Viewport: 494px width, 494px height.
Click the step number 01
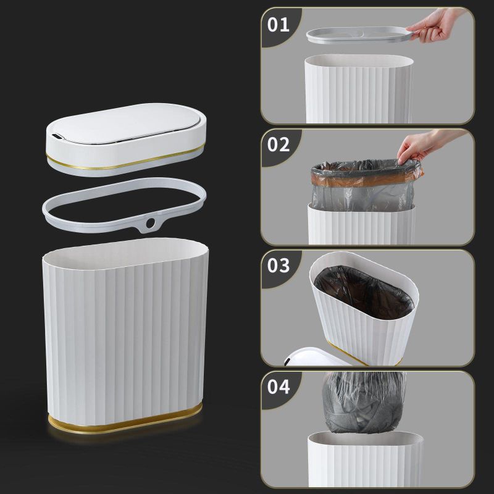(278, 25)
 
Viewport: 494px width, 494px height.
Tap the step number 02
(278, 144)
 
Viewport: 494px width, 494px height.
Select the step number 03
(278, 266)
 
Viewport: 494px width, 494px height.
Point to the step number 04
(278, 387)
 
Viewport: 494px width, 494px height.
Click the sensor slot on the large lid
(57, 136)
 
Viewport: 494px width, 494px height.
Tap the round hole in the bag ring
(150, 223)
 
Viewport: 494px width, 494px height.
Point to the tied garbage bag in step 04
(364, 402)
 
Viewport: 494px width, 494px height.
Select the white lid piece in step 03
(317, 358)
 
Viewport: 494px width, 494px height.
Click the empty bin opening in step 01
(359, 61)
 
